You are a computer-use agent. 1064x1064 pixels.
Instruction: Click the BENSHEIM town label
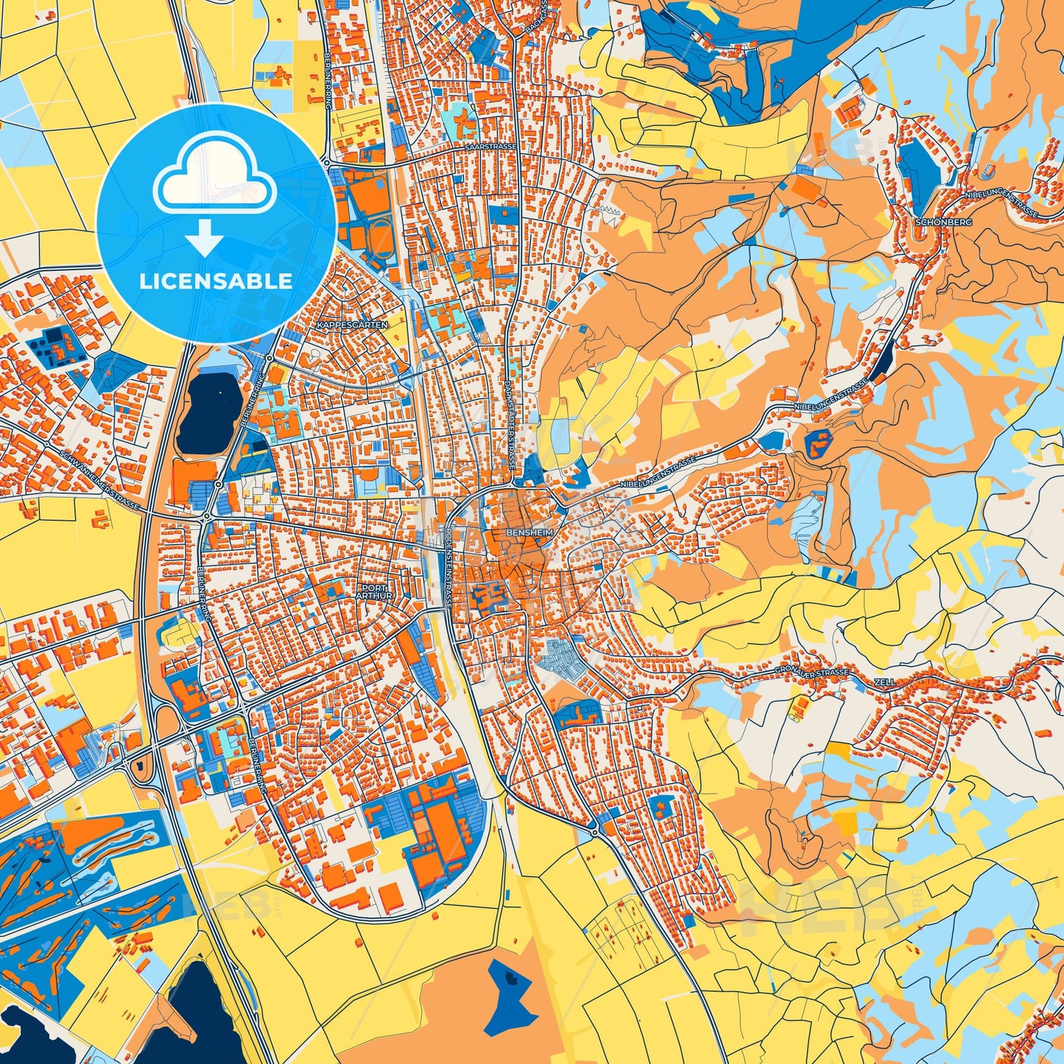click(x=524, y=530)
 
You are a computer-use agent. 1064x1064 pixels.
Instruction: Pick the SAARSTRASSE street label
click(x=490, y=147)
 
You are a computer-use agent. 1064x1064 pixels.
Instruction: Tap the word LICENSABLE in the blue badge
click(x=216, y=281)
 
